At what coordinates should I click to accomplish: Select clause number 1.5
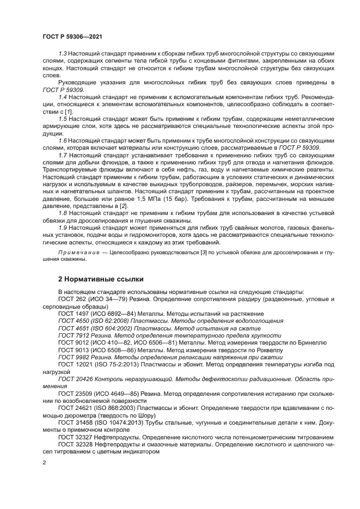63,119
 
